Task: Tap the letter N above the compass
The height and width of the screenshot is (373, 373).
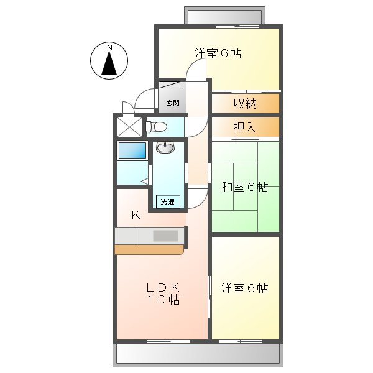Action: pos(109,47)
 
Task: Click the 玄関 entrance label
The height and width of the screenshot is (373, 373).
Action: pos(172,103)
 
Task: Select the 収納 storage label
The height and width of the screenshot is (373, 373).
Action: pos(245,103)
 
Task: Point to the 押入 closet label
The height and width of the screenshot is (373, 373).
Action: pos(245,127)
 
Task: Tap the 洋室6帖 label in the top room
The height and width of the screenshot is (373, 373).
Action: pos(218,54)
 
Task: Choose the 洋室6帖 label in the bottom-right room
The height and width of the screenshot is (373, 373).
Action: pos(245,288)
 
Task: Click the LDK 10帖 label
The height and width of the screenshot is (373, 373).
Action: pos(163,293)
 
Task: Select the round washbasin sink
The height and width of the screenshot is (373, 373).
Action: pos(165,147)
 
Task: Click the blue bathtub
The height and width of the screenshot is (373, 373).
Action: pos(132,151)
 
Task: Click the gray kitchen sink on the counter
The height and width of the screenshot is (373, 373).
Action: pos(165,236)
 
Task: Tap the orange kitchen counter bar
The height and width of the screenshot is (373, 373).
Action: pos(149,249)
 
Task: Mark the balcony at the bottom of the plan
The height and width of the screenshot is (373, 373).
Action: pos(196,355)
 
